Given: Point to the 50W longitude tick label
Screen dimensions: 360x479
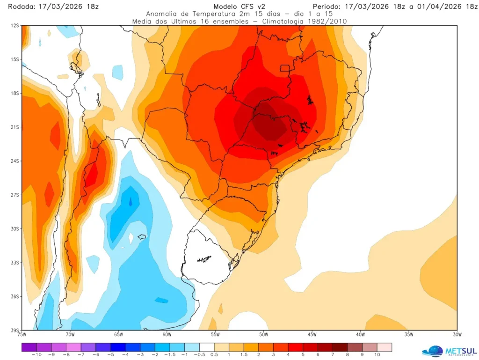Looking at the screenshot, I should pyautogui.click(x=263, y=334).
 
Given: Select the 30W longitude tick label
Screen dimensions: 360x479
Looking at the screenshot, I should pyautogui.click(x=457, y=334).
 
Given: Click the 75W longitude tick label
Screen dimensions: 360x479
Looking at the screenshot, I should pyautogui.click(x=22, y=334).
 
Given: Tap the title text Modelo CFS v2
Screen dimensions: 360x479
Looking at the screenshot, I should pyautogui.click(x=237, y=6).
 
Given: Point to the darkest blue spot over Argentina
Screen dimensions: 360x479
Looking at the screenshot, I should pyautogui.click(x=131, y=202).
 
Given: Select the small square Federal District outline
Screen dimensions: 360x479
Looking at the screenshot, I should pyautogui.click(x=285, y=68).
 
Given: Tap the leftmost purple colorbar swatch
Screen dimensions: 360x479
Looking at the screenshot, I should pyautogui.click(x=29, y=347).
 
